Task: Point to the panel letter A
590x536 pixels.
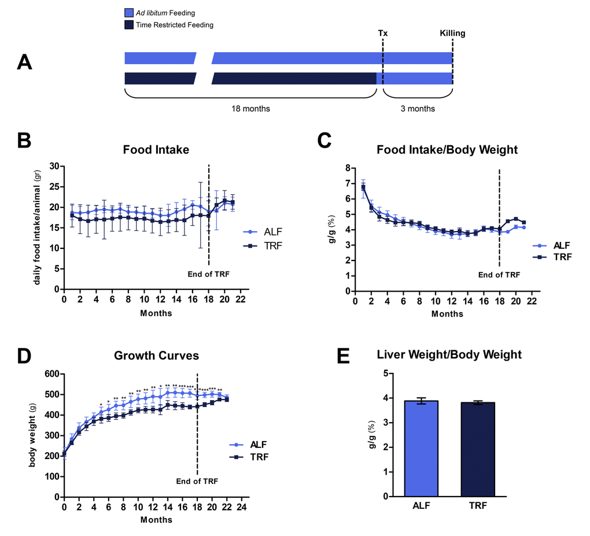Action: pyautogui.click(x=24, y=62)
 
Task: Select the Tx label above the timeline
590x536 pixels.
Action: pyautogui.click(x=383, y=33)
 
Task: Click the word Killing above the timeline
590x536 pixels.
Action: pyautogui.click(x=452, y=33)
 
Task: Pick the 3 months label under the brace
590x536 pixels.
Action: pyautogui.click(x=417, y=109)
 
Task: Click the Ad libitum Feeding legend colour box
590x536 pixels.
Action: pyautogui.click(x=129, y=12)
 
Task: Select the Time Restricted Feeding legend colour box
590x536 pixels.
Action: pyautogui.click(x=129, y=25)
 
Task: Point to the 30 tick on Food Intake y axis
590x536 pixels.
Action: pyautogui.click(x=55, y=166)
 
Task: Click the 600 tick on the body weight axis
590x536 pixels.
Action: pyautogui.click(x=52, y=374)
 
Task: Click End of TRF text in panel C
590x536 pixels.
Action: pyautogui.click(x=499, y=275)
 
